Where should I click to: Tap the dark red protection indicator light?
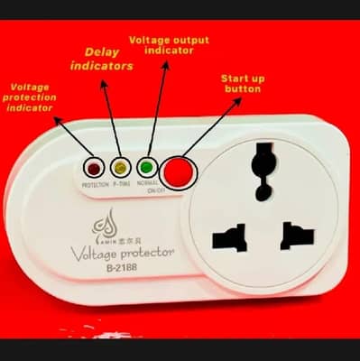[x=94, y=168]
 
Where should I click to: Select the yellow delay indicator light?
[x=119, y=168]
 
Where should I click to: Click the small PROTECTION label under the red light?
[x=95, y=184]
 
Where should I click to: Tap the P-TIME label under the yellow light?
[x=121, y=184]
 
